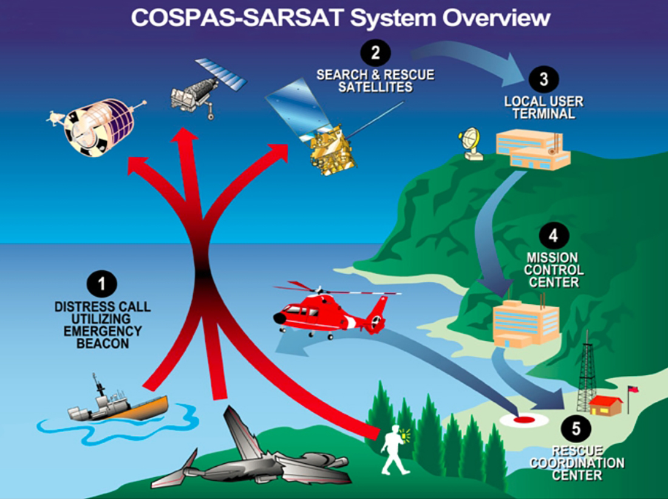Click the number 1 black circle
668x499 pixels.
point(102,284)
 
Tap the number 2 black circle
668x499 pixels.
point(375,53)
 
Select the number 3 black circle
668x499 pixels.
point(544,79)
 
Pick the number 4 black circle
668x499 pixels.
point(553,236)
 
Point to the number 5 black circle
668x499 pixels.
point(576,429)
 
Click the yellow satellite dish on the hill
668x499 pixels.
point(470,144)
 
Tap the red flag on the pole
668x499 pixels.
point(632,390)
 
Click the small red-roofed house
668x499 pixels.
point(605,405)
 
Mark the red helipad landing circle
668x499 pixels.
point(524,419)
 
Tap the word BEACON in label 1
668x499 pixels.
point(103,344)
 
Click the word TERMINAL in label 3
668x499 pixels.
point(544,114)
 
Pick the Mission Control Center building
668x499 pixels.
point(526,323)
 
